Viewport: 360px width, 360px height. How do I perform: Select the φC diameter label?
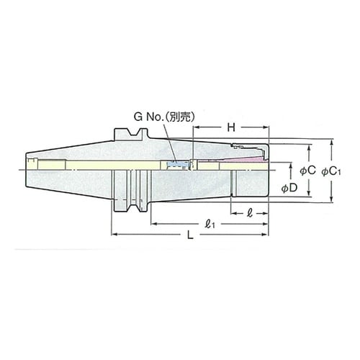click(307, 171)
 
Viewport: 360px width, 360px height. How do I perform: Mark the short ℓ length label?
click(249, 213)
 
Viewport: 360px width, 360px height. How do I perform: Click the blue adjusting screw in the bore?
click(174, 166)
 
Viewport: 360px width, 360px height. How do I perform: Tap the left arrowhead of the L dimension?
click(114, 235)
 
